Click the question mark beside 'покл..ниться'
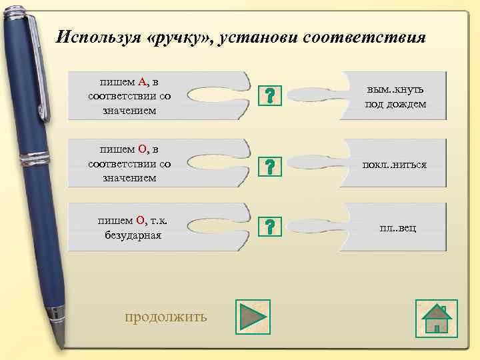click(269, 167)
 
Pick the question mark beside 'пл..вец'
click(269, 227)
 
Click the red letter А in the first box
click(142, 82)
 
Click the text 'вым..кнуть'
click(395, 89)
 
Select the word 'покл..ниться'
click(394, 164)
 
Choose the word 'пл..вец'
click(397, 228)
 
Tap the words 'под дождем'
click(395, 104)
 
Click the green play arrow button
click(251, 316)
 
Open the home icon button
click(437, 317)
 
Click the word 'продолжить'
click(166, 316)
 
